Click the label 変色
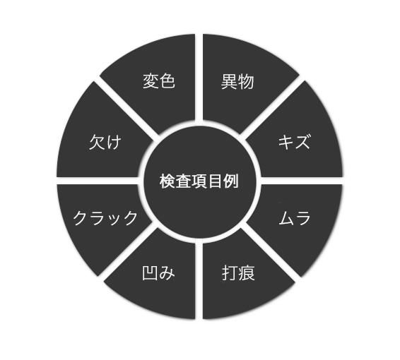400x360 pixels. point(159,81)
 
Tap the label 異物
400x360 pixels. point(237,82)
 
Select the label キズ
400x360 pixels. point(294,141)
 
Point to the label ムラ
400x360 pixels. point(295,218)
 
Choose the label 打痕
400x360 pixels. point(238,273)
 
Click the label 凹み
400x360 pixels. point(158,273)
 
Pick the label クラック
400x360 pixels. point(105,218)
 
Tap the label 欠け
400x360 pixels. point(105,142)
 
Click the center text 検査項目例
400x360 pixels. point(199,181)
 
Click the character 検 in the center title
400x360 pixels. point(167,181)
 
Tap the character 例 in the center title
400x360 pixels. point(231,181)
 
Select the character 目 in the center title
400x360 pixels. point(215,181)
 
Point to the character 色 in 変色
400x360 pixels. point(167,81)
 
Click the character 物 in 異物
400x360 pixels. point(246,82)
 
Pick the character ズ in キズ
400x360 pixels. point(302,141)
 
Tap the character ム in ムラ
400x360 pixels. point(287,218)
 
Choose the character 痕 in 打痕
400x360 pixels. point(247,273)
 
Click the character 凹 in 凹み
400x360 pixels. point(150,273)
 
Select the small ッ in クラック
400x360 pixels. point(114,220)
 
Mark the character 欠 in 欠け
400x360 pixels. point(97,142)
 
